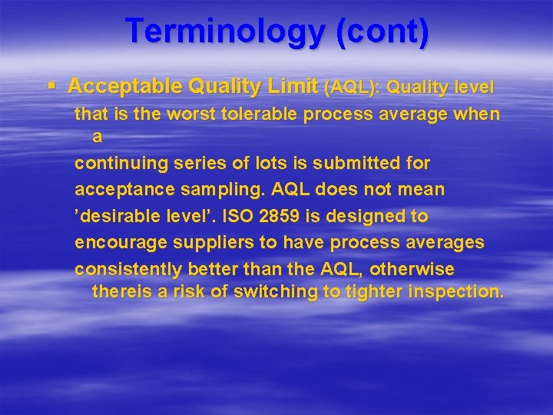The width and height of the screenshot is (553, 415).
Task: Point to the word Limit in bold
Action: tap(293, 86)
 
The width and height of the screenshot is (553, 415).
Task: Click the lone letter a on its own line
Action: tap(97, 137)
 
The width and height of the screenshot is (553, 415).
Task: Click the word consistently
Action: tap(128, 270)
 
